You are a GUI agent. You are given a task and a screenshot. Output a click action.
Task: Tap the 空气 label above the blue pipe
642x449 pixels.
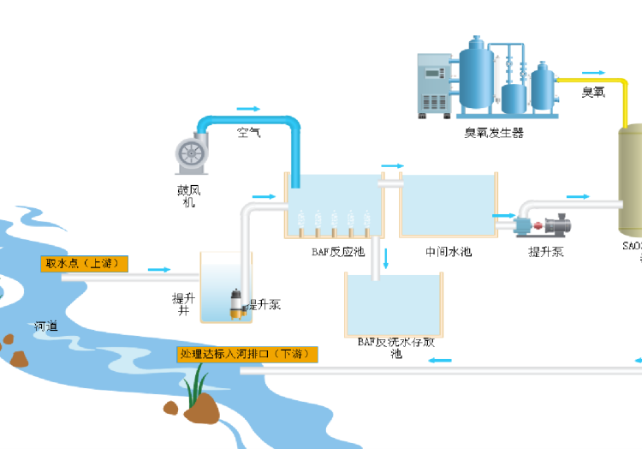coord(249,133)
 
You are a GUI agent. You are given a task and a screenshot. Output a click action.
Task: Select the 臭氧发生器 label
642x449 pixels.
coord(494,133)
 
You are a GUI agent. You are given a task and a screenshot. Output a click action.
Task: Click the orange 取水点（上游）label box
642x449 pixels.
coord(84,263)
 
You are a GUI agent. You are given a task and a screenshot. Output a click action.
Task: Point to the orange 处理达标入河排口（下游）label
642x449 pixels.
coord(247,354)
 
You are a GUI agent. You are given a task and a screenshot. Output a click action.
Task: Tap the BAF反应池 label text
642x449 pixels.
coord(338,252)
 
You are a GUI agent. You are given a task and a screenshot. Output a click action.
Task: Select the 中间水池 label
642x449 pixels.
coord(448,252)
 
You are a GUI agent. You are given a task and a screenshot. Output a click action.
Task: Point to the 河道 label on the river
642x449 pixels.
coord(46,326)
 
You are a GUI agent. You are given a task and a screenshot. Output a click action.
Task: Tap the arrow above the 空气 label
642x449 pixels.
coord(248,110)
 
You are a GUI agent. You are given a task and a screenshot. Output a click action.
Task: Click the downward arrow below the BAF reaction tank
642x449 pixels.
coord(386,257)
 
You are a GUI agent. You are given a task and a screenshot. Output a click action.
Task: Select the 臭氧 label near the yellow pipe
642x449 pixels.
coord(593,93)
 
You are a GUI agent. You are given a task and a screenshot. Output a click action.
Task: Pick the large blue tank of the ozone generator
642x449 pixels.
coord(476,73)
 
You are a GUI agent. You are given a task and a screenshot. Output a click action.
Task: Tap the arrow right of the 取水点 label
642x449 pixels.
coord(159,270)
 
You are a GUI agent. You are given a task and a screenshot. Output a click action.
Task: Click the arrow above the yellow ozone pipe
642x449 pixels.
coord(591,73)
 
